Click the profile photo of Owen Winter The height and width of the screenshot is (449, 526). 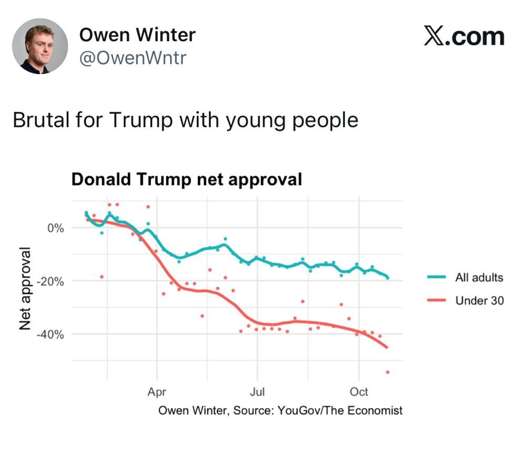tap(39, 46)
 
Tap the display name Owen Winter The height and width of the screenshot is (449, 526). tap(137, 35)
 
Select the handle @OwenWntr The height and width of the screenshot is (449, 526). tap(133, 58)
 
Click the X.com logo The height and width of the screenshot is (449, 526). tap(464, 37)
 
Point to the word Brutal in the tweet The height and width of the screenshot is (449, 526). tap(42, 120)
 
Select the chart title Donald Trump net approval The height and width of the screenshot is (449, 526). tap(187, 180)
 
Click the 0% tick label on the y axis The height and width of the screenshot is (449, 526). tap(55, 228)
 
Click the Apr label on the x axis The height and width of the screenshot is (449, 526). tap(157, 392)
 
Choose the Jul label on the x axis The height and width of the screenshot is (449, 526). tap(257, 392)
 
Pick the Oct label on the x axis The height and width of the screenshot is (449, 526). tap(359, 392)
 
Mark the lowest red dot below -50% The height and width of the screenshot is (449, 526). tap(388, 372)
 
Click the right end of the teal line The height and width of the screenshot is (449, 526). tap(388, 277)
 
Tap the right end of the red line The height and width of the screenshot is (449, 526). tap(387, 347)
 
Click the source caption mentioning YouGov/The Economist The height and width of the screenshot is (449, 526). tap(280, 411)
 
